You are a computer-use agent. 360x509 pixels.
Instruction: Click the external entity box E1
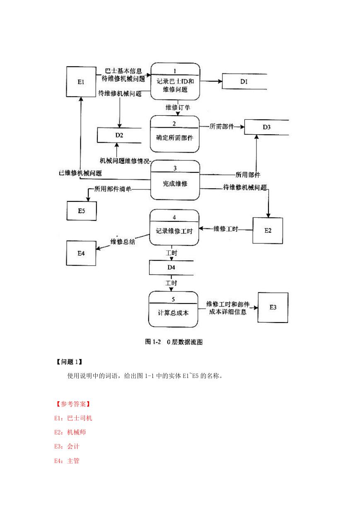click(81, 82)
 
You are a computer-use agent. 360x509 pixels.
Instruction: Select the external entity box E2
click(268, 230)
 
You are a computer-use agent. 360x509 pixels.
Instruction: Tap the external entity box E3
click(273, 307)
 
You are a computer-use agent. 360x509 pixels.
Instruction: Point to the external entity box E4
click(81, 253)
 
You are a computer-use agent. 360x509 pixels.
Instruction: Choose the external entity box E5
click(82, 211)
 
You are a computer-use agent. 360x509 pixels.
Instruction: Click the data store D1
click(244, 81)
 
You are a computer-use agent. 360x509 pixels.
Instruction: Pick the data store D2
click(119, 135)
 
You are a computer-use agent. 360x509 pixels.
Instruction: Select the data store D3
click(266, 127)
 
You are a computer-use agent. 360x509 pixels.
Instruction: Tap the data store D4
click(171, 267)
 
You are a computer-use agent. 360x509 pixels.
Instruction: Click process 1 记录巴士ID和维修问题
click(175, 81)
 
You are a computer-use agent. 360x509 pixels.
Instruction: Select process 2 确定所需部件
click(175, 134)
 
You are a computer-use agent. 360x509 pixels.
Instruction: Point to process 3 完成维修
click(175, 180)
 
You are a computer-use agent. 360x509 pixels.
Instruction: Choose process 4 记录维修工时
click(174, 228)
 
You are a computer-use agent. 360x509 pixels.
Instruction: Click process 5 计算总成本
click(173, 309)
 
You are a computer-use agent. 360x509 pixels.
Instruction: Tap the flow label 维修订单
click(178, 107)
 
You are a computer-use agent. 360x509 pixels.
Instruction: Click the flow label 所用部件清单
click(113, 189)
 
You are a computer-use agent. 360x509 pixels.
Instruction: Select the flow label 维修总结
click(123, 241)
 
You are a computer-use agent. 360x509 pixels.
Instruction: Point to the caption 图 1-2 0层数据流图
click(174, 342)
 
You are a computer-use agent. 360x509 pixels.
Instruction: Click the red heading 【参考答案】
click(73, 404)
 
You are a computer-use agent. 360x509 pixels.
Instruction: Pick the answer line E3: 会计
click(67, 446)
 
